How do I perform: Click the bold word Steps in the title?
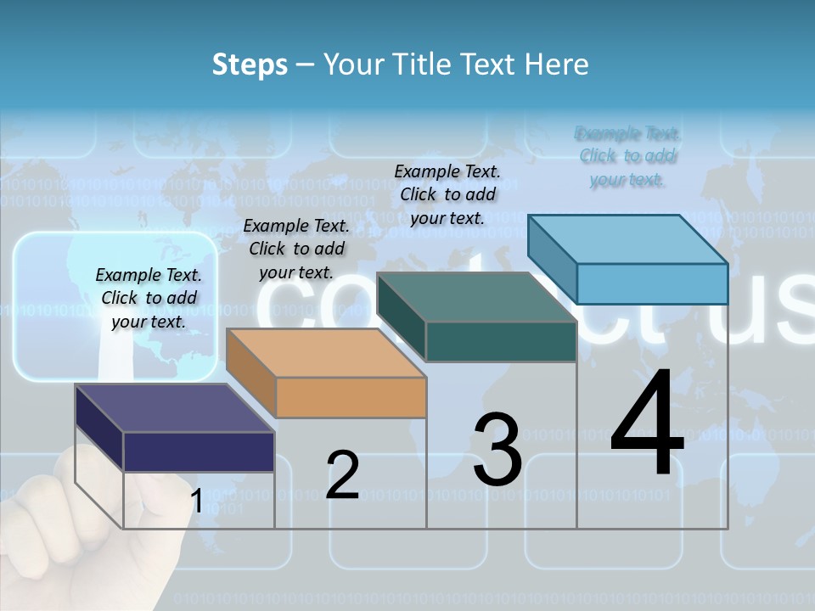tap(250, 64)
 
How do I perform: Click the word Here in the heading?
tap(556, 64)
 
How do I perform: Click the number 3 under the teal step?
tap(497, 450)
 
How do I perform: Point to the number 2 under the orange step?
tap(343, 474)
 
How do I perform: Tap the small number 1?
tap(196, 501)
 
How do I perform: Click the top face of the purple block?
tap(174, 408)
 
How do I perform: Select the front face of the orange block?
tap(351, 397)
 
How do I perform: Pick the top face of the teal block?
tap(475, 297)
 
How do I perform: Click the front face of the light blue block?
tap(651, 283)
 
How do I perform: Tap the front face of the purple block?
tap(199, 451)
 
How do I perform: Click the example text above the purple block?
tap(149, 298)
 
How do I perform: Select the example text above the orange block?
tap(296, 249)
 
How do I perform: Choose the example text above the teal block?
tap(447, 194)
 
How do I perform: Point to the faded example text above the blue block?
tap(627, 156)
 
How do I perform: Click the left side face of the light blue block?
tap(552, 259)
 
